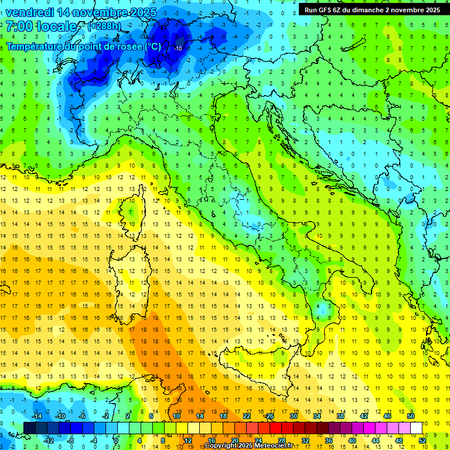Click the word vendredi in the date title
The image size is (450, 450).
(33, 12)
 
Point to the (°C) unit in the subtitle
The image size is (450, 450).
(152, 46)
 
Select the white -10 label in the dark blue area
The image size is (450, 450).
(178, 48)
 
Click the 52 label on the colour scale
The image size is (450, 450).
(422, 440)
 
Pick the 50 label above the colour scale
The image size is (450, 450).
(411, 416)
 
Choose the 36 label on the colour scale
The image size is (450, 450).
(329, 440)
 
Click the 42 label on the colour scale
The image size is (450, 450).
(364, 416)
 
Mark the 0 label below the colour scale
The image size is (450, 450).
(115, 440)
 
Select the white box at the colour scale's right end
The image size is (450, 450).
(416, 428)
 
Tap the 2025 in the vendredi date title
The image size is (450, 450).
(144, 12)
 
